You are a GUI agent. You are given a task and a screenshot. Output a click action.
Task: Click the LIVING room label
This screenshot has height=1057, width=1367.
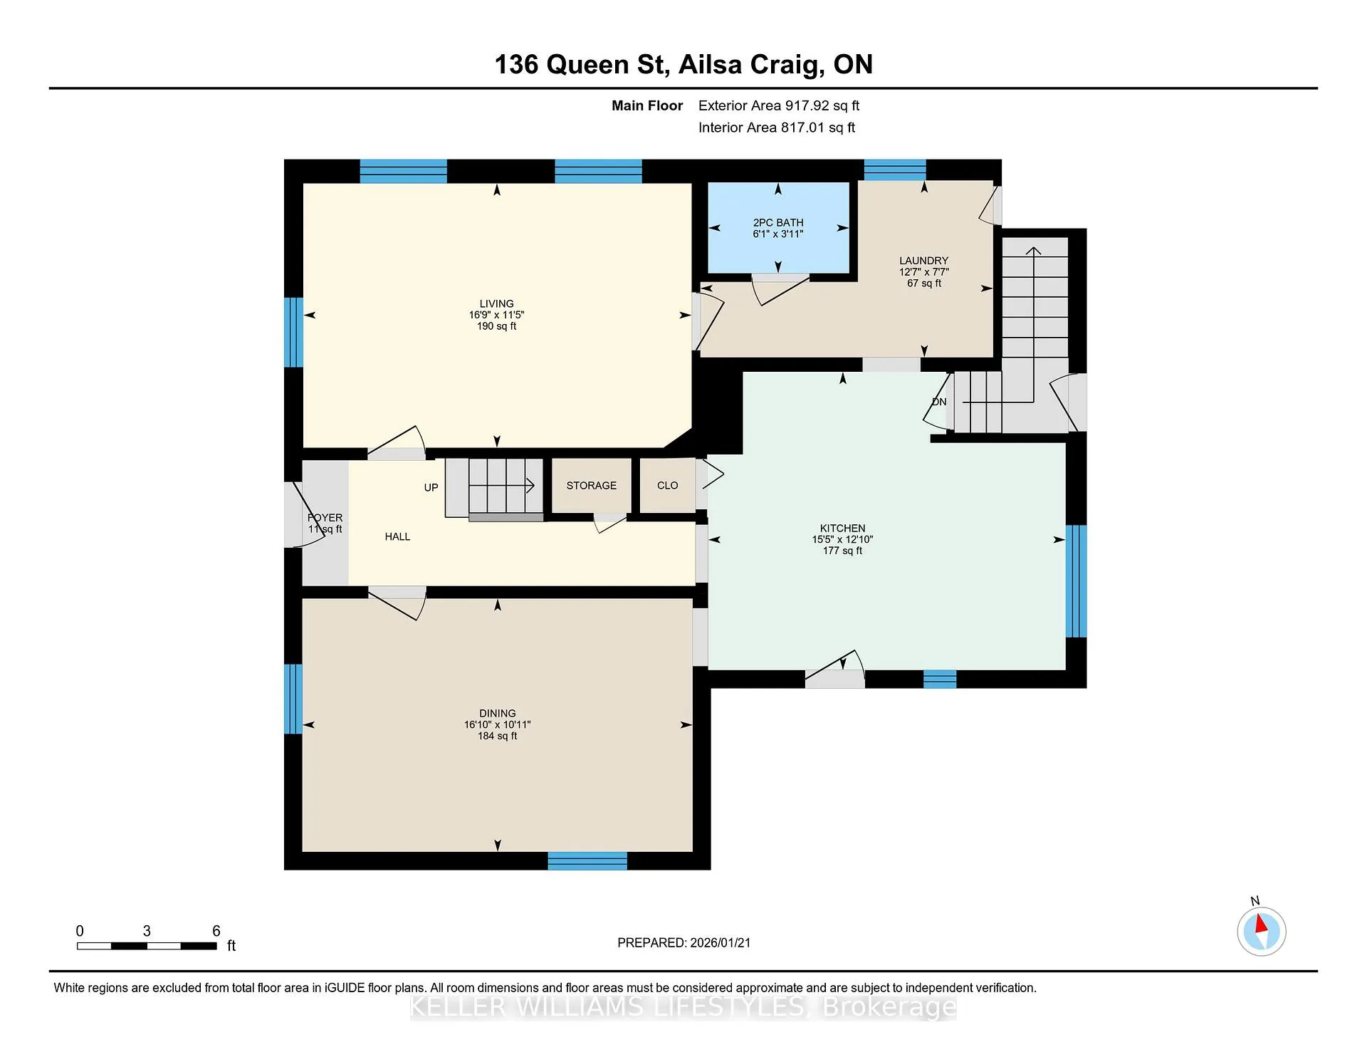(496, 303)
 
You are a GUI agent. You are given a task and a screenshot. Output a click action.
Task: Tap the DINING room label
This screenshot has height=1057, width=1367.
(498, 713)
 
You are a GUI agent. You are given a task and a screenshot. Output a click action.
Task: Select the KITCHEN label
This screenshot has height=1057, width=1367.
(842, 528)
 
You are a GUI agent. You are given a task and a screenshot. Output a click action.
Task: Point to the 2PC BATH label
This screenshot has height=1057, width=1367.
(778, 222)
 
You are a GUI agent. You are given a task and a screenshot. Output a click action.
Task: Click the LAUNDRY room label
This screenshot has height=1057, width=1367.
(923, 261)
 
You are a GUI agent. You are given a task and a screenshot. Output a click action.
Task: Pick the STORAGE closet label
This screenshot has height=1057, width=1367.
(592, 485)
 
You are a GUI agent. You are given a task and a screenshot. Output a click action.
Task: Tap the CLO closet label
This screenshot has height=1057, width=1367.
(668, 485)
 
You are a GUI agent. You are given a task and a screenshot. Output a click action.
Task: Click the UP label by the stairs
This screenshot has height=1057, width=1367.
(431, 487)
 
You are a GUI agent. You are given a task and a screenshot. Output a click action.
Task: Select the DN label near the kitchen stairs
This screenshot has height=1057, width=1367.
(939, 402)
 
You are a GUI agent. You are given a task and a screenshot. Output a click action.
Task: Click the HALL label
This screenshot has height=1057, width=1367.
(397, 536)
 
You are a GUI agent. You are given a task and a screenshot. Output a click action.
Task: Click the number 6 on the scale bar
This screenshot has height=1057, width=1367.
(216, 931)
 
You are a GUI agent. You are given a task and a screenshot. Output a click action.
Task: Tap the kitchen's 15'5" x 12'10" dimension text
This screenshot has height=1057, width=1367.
(842, 539)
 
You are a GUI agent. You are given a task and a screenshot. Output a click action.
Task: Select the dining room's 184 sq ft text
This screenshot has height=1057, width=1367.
(498, 736)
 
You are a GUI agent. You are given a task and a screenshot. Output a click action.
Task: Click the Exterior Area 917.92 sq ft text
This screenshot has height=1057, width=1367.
(779, 105)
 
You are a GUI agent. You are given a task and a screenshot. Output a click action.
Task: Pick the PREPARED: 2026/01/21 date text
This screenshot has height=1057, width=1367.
(684, 942)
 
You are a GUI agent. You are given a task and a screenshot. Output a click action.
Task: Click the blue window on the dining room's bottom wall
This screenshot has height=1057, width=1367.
(587, 861)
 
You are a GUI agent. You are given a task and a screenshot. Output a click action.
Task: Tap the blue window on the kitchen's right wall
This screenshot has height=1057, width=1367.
(1076, 580)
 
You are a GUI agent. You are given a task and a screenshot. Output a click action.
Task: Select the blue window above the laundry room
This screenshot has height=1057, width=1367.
(895, 170)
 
